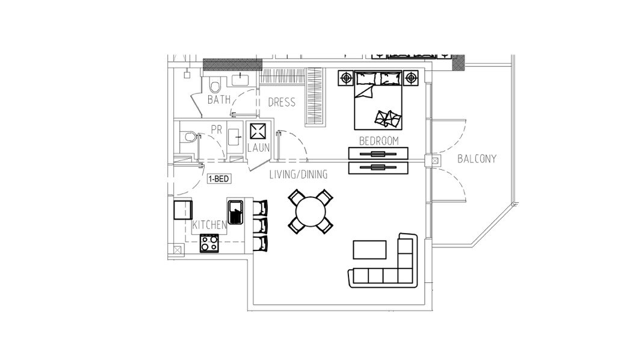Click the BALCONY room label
(477, 159)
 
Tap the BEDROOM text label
(378, 141)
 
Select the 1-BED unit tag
(218, 179)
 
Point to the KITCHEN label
(209, 225)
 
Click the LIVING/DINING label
(298, 174)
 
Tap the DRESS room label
(282, 102)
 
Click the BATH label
(219, 99)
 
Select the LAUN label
(258, 147)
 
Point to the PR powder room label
(216, 129)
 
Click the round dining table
(310, 211)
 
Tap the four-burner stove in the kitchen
(209, 243)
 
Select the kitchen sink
(235, 213)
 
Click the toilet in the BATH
(215, 85)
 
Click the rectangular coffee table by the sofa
(369, 249)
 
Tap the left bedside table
(346, 78)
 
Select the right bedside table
(411, 78)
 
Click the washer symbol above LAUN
(258, 131)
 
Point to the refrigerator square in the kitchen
(183, 210)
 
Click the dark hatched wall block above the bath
(233, 64)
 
